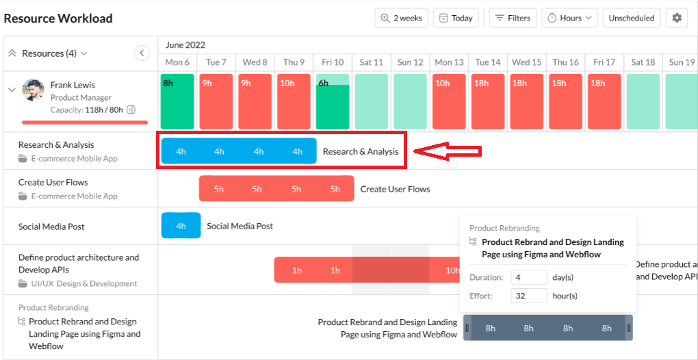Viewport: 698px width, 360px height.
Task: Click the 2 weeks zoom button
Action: (x=402, y=18)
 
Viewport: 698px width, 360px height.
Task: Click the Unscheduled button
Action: (x=631, y=18)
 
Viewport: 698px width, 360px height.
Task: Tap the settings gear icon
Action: (x=677, y=18)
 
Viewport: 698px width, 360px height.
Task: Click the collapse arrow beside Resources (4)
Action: (x=142, y=53)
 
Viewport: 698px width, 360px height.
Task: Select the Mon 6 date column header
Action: (x=177, y=62)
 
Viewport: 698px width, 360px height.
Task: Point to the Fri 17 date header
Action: (x=604, y=62)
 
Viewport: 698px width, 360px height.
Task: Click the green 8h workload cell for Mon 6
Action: (x=177, y=101)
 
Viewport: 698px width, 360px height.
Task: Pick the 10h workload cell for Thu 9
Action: (x=294, y=101)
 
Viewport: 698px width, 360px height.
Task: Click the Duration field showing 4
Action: (x=528, y=277)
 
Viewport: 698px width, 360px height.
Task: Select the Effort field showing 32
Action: (x=528, y=296)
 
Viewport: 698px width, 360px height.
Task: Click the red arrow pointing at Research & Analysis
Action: (x=448, y=151)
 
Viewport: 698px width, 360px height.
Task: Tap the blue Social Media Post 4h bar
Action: (x=181, y=226)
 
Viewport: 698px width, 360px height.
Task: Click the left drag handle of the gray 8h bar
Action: (x=467, y=328)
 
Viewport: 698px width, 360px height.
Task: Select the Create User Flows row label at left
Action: (x=53, y=183)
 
